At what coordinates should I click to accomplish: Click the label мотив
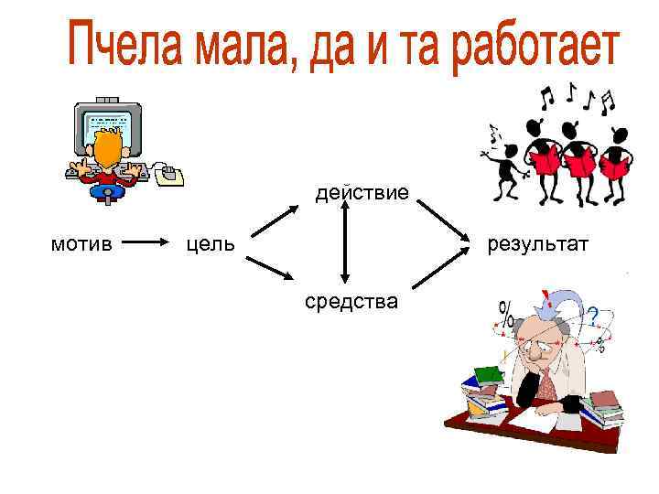tap(81, 244)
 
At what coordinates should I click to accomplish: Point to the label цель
tap(211, 244)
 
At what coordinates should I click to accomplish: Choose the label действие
tap(362, 193)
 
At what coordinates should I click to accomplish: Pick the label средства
tap(351, 300)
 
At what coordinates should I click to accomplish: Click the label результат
tap(538, 244)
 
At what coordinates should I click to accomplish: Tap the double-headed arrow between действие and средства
tap(345, 242)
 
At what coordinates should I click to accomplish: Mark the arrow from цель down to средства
tap(269, 268)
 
